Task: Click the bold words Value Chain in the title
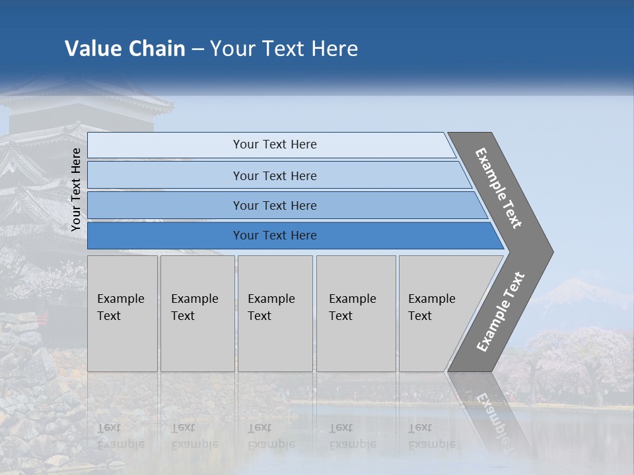(125, 49)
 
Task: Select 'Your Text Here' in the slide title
(284, 49)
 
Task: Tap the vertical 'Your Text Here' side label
(76, 189)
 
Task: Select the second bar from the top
(274, 175)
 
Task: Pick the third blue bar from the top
(274, 205)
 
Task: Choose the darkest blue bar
(274, 236)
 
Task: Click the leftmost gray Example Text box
(122, 313)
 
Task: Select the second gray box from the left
(197, 313)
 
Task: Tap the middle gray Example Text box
(275, 313)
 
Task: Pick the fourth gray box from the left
(355, 313)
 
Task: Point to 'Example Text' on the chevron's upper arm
(499, 188)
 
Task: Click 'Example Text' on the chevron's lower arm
(501, 311)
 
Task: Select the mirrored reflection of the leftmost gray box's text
(120, 435)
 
